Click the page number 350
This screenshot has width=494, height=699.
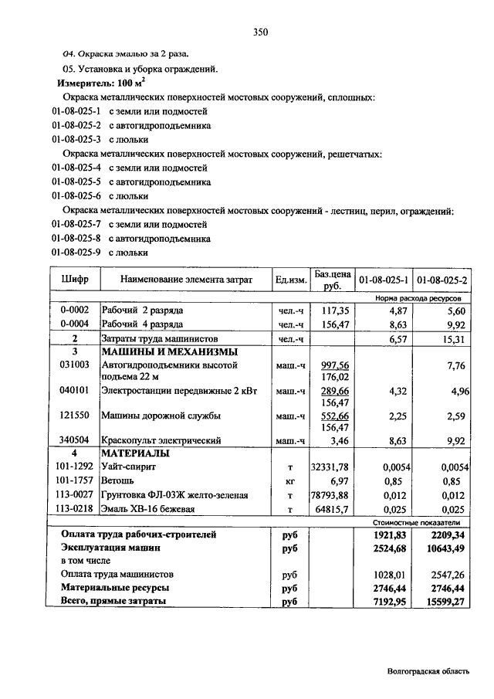pos(259,32)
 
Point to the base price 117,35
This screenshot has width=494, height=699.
pos(334,310)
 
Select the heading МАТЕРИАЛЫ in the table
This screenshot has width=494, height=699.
pos(136,453)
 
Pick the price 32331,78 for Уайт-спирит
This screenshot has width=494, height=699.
pos(330,467)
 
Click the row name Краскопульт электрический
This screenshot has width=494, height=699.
pos(161,440)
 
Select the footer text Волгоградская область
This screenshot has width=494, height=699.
pos(427,671)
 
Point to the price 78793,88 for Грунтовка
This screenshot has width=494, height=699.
pos(330,495)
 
